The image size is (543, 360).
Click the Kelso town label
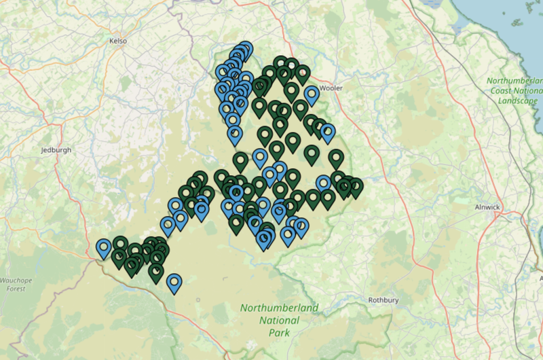coord(118,41)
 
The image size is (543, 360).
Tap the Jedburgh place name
coord(56,150)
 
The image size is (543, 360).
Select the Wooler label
coord(331,88)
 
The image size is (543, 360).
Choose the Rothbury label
coord(381,300)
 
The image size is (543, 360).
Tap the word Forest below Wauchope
coord(14,289)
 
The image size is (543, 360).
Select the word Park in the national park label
coord(278,333)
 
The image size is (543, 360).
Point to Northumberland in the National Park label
coord(278,308)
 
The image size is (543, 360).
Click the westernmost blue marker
coord(104,248)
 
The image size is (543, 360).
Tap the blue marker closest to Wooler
coord(312,94)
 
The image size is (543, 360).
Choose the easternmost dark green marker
coord(355,187)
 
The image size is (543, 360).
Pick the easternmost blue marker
coord(328,132)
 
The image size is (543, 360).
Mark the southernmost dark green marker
coord(156,272)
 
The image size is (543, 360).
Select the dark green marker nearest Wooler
coord(302,74)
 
